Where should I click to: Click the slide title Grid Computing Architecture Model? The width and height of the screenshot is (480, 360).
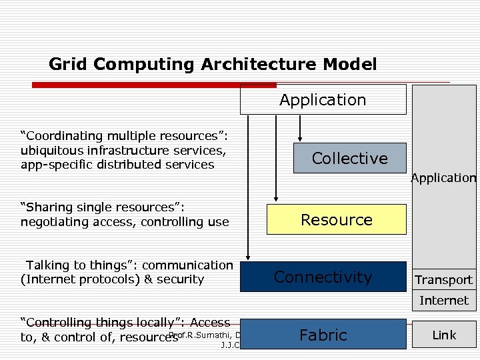pos(213,65)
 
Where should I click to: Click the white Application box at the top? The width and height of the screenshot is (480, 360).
pos(323,100)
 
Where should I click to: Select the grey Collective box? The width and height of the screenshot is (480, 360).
pos(349,158)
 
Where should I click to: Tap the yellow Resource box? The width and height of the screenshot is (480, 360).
pos(336,219)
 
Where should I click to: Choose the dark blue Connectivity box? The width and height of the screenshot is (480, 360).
pos(323,277)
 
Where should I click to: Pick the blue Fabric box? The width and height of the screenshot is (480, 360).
pos(323,335)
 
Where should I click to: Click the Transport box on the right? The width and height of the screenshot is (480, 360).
pos(444,280)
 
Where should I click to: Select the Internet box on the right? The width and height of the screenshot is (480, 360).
pos(444,301)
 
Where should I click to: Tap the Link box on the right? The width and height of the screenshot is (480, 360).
pos(444,335)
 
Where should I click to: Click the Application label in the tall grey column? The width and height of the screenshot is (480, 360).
pos(443,178)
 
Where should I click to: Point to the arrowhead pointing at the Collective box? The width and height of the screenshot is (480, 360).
pos(300,139)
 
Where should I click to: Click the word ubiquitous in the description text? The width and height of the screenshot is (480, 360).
pos(51,150)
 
